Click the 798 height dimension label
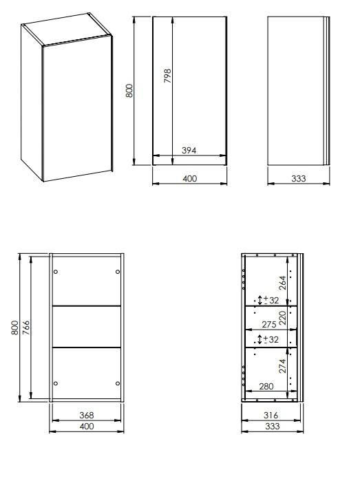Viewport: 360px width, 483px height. click(167, 76)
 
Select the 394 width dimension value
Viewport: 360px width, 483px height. click(189, 150)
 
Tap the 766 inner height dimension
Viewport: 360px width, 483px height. click(26, 328)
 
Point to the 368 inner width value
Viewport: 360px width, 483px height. click(87, 415)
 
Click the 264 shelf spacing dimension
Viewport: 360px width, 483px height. click(283, 283)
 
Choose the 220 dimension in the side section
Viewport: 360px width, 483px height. click(283, 318)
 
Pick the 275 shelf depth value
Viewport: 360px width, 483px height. click(269, 324)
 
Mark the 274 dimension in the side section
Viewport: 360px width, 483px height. click(283, 366)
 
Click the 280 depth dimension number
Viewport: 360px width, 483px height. click(266, 386)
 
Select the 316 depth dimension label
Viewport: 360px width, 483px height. click(271, 415)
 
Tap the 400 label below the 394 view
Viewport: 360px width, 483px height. click(189, 178)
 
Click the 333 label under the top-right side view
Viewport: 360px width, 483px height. click(299, 178)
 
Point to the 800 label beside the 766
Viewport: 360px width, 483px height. click(14, 328)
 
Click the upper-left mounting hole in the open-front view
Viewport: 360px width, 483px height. click(56, 272)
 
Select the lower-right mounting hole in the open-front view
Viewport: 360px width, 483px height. click(118, 383)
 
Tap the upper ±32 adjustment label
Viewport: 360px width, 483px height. click(271, 300)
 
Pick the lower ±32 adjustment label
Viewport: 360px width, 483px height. click(271, 339)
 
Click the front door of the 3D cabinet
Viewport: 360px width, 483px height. click(78, 109)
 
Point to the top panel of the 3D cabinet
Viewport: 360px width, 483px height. click(65, 30)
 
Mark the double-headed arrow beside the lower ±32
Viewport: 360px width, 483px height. click(260, 339)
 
